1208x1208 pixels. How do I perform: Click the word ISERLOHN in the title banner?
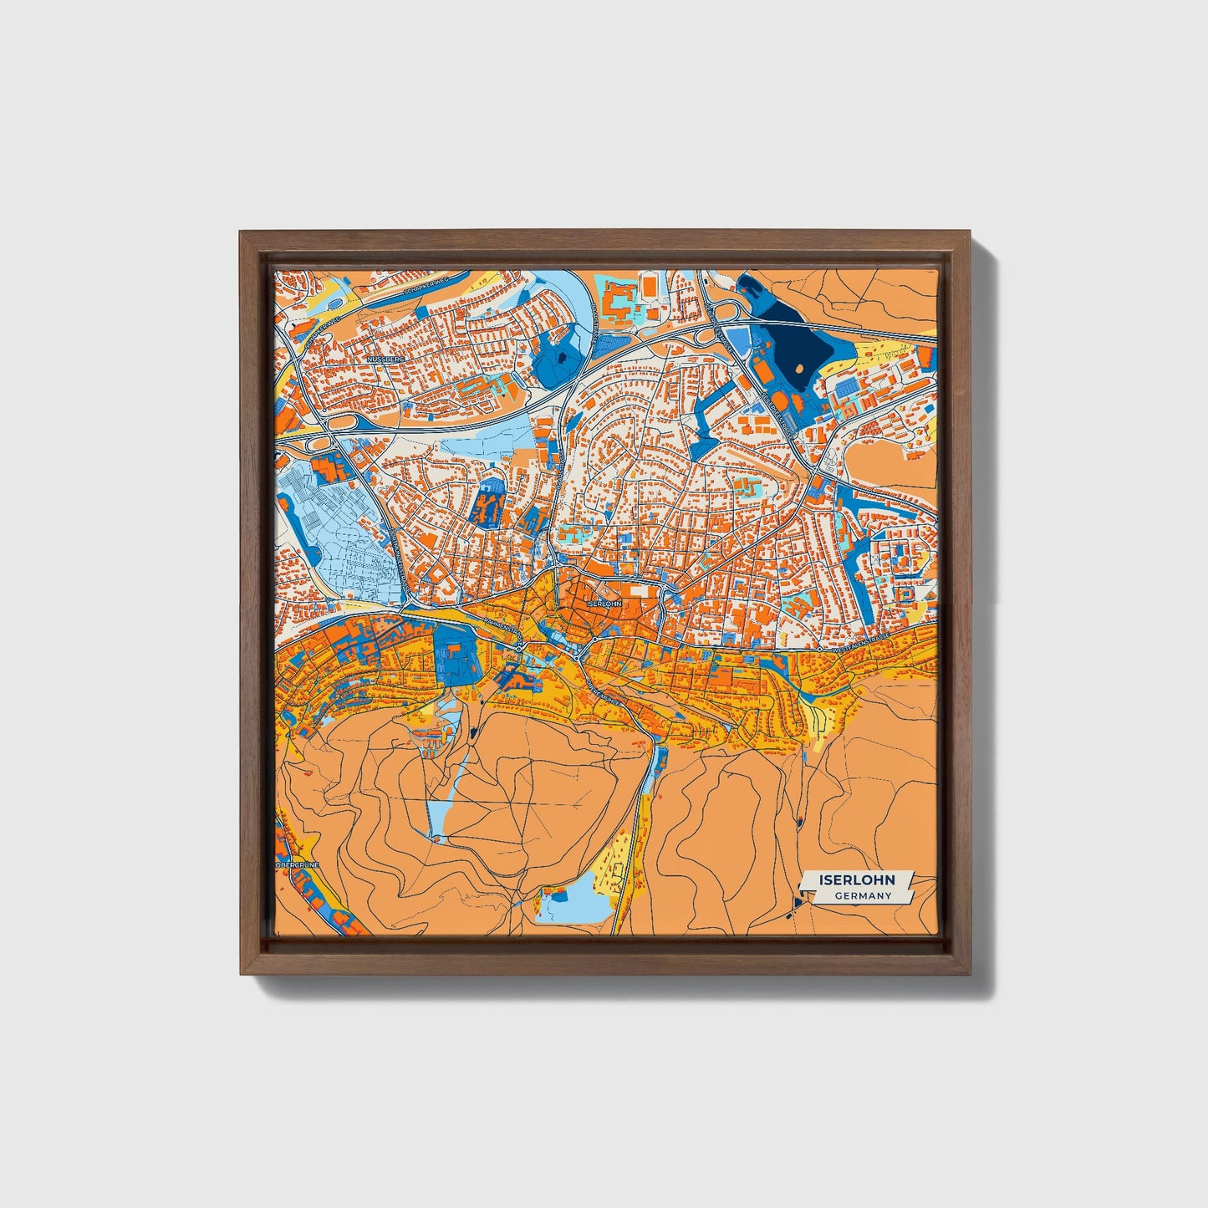[x=857, y=880]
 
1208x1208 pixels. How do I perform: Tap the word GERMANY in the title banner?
[x=864, y=896]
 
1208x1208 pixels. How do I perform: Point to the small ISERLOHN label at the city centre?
[x=604, y=603]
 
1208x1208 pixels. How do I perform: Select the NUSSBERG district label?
[x=385, y=359]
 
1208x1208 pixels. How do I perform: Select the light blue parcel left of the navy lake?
[x=737, y=338]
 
